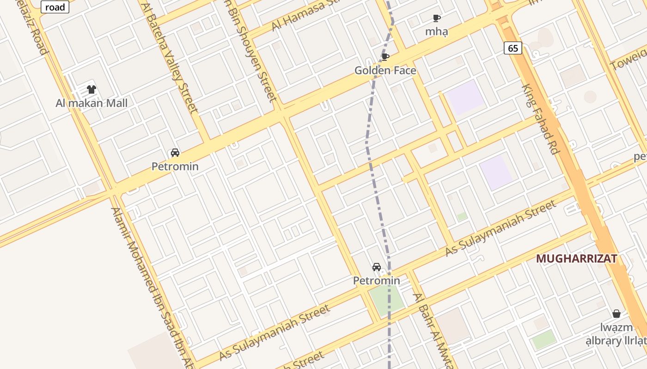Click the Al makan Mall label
click(x=92, y=103)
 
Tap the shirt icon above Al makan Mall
click(x=92, y=89)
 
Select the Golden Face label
click(x=385, y=71)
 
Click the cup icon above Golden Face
click(x=385, y=57)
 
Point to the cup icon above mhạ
click(x=436, y=18)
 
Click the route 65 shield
click(x=513, y=48)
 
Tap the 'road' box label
click(x=55, y=7)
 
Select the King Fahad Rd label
click(x=540, y=119)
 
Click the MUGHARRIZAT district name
click(x=576, y=259)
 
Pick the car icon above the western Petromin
click(x=175, y=153)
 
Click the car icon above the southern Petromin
click(x=376, y=267)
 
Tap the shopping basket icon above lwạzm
click(x=616, y=314)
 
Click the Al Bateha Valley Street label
click(x=171, y=58)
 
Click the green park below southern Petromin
click(x=386, y=300)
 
